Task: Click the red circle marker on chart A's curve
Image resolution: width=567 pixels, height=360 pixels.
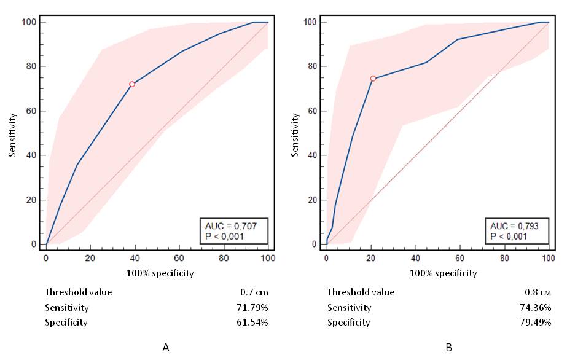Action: click(131, 84)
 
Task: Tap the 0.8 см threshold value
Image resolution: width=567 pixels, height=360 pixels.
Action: click(538, 292)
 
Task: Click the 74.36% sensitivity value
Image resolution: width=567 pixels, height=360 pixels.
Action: click(534, 307)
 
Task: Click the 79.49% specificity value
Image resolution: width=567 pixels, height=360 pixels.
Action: click(534, 322)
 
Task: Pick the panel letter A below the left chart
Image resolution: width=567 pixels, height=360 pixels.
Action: click(166, 348)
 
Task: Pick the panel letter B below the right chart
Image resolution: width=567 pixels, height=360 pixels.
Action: click(449, 348)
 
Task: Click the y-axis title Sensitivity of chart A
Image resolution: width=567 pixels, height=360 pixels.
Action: click(12, 133)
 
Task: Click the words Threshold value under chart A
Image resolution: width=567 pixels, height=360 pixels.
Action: click(78, 292)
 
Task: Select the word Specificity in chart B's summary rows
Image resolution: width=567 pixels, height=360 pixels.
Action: click(348, 322)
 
